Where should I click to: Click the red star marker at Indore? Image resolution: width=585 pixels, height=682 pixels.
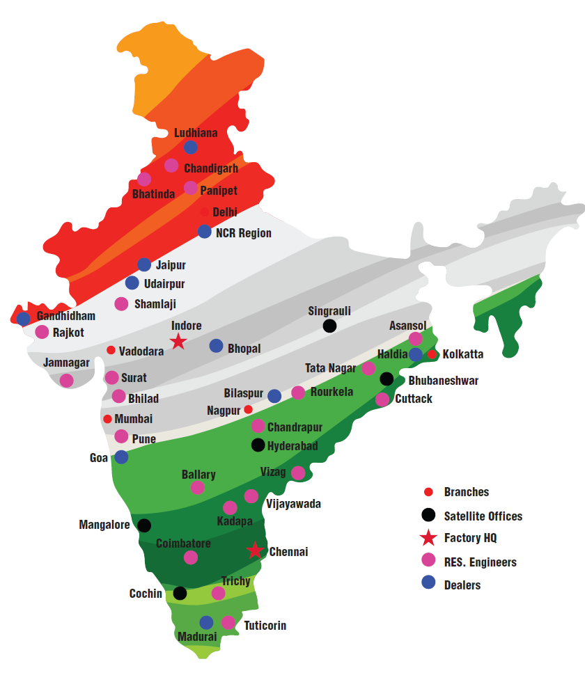pyautogui.click(x=178, y=341)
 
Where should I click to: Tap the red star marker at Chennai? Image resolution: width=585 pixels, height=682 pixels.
pyautogui.click(x=256, y=550)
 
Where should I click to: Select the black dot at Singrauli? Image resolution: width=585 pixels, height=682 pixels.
pyautogui.click(x=329, y=326)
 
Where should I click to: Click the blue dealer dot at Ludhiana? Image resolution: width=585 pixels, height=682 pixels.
pyautogui.click(x=190, y=147)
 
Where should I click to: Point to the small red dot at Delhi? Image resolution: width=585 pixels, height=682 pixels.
pyautogui.click(x=204, y=212)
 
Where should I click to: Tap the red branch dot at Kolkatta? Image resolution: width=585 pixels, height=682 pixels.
pyautogui.click(x=432, y=355)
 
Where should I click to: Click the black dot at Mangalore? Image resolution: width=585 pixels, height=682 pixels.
pyautogui.click(x=144, y=525)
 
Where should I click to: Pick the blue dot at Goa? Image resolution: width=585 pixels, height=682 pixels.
pyautogui.click(x=121, y=457)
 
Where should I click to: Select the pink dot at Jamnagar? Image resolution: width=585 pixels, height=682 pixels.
pyautogui.click(x=66, y=380)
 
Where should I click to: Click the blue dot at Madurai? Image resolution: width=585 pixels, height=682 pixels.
pyautogui.click(x=206, y=622)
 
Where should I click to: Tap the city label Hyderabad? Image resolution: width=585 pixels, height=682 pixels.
pyautogui.click(x=292, y=446)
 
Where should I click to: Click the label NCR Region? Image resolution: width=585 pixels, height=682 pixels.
pyautogui.click(x=244, y=233)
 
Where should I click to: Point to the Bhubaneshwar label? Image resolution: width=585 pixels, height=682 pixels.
pyautogui.click(x=443, y=381)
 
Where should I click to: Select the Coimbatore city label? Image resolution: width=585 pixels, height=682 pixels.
pyautogui.click(x=183, y=543)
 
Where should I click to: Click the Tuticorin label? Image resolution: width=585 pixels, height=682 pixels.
pyautogui.click(x=265, y=626)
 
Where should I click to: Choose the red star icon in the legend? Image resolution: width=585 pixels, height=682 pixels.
pyautogui.click(x=429, y=538)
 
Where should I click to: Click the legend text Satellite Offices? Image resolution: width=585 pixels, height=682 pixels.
pyautogui.click(x=483, y=516)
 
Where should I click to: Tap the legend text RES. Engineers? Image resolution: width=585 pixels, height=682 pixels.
pyautogui.click(x=480, y=562)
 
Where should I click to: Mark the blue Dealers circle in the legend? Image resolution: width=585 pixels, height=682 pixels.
pyautogui.click(x=429, y=584)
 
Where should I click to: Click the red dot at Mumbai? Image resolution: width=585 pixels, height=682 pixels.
pyautogui.click(x=107, y=419)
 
